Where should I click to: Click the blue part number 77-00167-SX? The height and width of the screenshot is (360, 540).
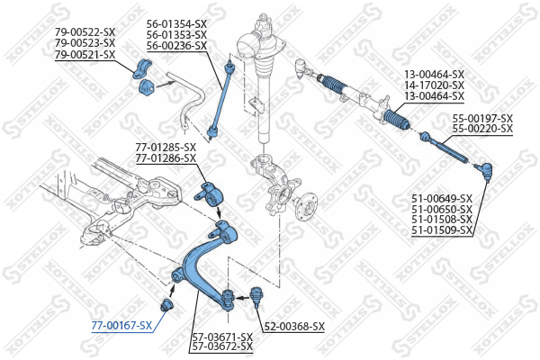click(x=121, y=325)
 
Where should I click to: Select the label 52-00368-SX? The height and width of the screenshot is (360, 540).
click(x=294, y=326)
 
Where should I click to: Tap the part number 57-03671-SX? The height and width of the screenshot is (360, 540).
click(x=222, y=337)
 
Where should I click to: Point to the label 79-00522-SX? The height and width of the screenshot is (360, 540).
click(x=85, y=32)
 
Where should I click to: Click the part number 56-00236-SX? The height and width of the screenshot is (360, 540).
click(x=176, y=46)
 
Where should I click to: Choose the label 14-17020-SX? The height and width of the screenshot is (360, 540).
click(x=434, y=85)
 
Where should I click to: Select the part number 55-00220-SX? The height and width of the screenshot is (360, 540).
click(x=482, y=129)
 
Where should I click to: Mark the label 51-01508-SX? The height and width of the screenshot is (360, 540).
click(x=442, y=219)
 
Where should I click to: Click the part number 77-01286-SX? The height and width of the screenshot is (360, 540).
click(x=166, y=158)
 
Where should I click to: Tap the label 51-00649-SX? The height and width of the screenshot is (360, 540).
click(x=442, y=199)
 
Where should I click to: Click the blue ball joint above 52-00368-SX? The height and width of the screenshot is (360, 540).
click(x=256, y=296)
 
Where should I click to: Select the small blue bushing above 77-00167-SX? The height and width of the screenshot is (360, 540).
click(x=167, y=305)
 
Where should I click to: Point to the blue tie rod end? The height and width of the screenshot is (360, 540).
click(x=484, y=171)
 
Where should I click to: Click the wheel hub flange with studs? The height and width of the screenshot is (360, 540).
click(x=305, y=205)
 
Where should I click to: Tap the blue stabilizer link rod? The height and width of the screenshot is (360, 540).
click(x=220, y=100)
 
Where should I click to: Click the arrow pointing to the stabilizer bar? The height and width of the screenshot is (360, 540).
click(x=166, y=84)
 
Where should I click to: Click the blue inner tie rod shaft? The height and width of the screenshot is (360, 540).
click(x=445, y=148)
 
